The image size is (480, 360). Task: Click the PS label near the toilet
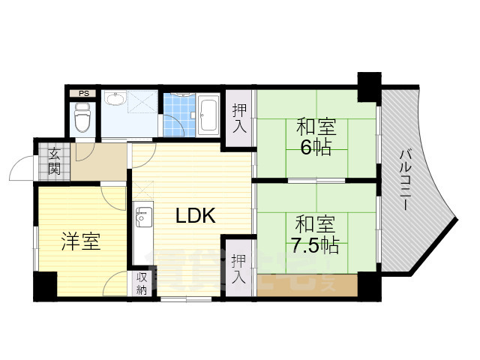click(x=84, y=94)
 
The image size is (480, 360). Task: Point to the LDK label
click(x=196, y=217)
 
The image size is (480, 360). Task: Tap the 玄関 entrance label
click(x=55, y=161)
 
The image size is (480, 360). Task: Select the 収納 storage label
click(x=142, y=284)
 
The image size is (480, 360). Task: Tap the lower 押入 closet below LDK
click(x=238, y=269)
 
